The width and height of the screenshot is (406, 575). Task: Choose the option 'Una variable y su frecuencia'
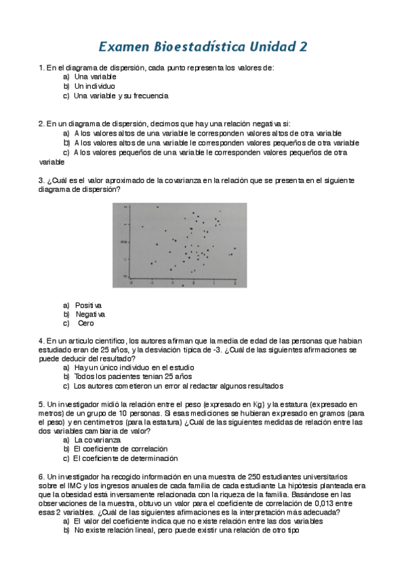pos(121,96)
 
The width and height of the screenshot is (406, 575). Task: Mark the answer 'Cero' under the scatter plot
pos(86,323)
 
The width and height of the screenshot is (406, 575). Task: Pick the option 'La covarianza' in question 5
pos(99,439)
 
